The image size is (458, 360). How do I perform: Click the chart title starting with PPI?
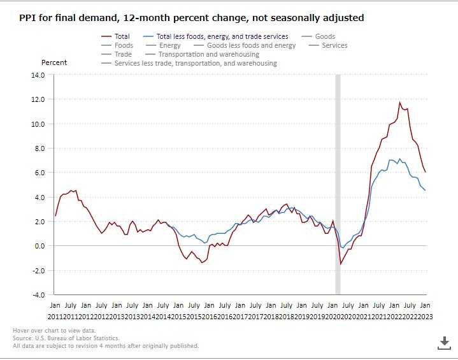[192, 18]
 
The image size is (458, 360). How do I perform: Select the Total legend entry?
[122, 37]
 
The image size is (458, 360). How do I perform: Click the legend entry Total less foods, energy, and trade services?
[222, 37]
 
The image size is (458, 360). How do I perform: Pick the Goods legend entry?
[325, 37]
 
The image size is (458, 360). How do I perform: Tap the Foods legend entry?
[124, 46]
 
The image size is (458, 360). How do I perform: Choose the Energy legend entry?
[170, 46]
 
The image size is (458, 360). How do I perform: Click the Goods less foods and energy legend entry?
[251, 46]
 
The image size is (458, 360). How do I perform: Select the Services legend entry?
[334, 46]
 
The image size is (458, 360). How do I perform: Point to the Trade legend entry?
[123, 55]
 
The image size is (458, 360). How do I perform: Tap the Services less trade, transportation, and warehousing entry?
[196, 64]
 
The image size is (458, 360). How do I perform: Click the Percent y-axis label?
[54, 62]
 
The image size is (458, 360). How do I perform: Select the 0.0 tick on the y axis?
[39, 246]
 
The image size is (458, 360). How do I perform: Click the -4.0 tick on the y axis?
[38, 295]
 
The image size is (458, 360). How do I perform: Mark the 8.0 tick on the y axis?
[39, 148]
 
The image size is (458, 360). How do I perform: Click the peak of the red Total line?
[400, 102]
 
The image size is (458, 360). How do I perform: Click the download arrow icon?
[444, 343]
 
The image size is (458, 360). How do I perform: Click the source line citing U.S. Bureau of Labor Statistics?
[66, 338]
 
